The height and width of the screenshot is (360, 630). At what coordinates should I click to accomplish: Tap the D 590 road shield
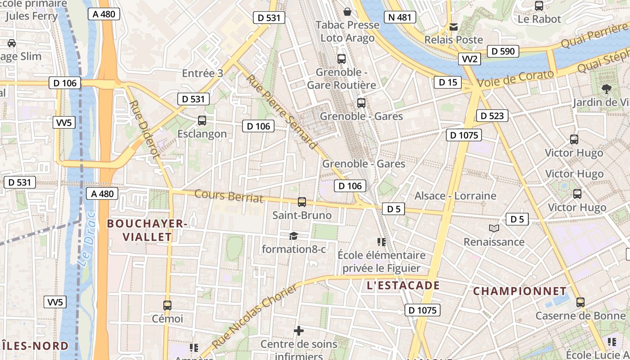(x=503, y=51)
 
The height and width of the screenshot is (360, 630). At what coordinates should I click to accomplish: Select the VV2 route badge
(x=469, y=59)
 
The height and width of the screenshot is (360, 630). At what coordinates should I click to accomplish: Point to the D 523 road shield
(x=492, y=116)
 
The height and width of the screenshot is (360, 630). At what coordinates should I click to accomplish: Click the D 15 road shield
(x=447, y=82)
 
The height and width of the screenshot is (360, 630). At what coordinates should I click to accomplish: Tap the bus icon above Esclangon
(x=202, y=121)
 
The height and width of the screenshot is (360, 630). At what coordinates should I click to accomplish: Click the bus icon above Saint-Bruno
(x=302, y=202)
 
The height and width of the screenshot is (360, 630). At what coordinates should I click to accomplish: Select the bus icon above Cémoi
(x=167, y=306)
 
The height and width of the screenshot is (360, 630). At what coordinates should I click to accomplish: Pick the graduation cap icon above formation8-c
(x=293, y=236)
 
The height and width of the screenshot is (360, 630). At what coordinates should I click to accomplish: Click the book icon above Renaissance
(x=494, y=229)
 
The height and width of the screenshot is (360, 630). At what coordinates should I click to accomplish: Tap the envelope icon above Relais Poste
(x=454, y=27)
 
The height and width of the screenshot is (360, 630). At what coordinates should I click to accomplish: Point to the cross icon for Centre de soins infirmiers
(x=298, y=331)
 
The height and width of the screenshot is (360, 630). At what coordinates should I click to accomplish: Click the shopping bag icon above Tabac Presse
(x=347, y=11)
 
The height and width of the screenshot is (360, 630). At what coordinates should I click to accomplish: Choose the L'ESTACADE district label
(x=403, y=285)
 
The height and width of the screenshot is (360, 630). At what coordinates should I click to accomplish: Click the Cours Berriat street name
(x=229, y=196)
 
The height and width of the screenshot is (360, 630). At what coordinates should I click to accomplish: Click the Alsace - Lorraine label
(x=455, y=196)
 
